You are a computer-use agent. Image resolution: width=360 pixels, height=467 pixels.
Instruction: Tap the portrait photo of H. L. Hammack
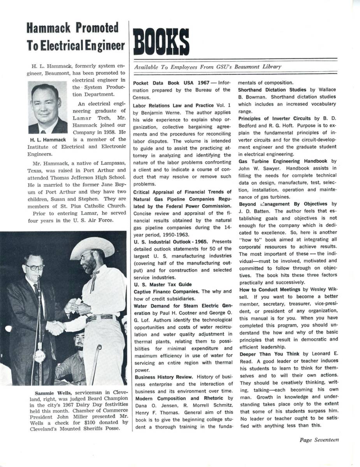tap(47, 107)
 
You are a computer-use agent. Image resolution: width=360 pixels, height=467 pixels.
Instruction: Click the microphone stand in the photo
tap(39, 331)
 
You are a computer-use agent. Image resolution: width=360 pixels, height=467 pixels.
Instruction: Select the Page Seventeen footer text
tap(319, 440)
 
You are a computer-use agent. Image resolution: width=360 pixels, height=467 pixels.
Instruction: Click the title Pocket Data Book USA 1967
tap(172, 83)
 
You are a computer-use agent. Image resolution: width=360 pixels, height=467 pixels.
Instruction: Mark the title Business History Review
tap(163, 377)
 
